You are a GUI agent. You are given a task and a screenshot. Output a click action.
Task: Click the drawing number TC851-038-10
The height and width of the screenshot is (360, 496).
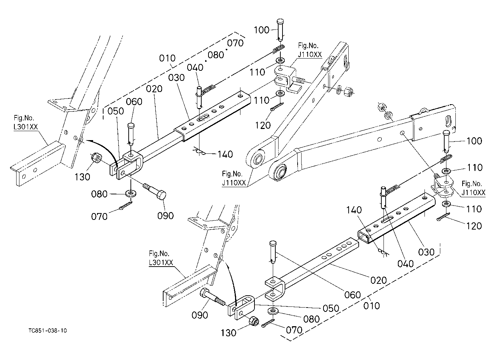pos(47,331)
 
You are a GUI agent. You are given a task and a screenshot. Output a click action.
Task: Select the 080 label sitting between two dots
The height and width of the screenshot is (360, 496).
pos(216,55)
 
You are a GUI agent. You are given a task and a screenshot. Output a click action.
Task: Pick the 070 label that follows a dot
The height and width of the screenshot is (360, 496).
pos(235,43)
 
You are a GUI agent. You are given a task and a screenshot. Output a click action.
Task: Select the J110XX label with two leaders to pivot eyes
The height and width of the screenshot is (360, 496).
pos(234,183)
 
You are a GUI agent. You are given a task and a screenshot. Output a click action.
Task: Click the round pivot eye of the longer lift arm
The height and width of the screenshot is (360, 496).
pos(281,171)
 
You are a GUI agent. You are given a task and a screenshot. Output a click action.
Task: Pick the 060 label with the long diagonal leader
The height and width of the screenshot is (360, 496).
pos(353,295)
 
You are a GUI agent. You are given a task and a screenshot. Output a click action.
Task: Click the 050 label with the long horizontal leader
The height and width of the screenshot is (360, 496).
pos(331,308)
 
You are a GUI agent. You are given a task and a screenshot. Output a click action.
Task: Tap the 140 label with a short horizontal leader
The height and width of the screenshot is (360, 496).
pos(225,154)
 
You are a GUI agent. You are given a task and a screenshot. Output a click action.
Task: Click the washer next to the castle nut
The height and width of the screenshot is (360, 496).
pos(339,90)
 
